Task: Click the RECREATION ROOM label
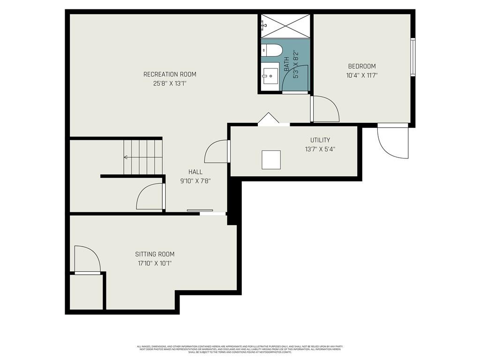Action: (170, 74)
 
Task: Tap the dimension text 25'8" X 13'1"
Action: (170, 83)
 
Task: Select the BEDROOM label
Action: (361, 66)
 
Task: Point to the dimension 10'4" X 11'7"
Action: (361, 75)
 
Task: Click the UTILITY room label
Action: (320, 140)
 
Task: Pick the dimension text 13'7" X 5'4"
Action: (320, 149)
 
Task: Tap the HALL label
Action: (195, 172)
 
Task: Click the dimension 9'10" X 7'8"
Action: (195, 180)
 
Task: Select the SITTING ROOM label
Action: (155, 254)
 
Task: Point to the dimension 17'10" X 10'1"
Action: (155, 263)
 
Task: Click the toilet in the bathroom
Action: (270, 50)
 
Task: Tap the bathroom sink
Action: (270, 76)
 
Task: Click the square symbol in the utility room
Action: (271, 159)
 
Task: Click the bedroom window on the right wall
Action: (412, 57)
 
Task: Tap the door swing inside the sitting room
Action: (87, 259)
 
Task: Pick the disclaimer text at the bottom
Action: (240, 349)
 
